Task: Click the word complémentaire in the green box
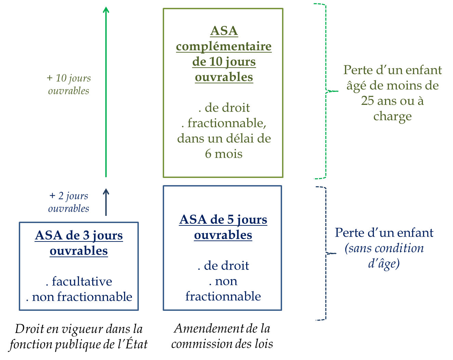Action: tap(224, 46)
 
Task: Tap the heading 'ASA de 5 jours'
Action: tap(223, 220)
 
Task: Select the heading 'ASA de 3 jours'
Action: tap(79, 235)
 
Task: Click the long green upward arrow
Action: tap(106, 92)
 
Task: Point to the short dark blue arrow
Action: tap(106, 202)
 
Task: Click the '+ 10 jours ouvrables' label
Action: tap(69, 84)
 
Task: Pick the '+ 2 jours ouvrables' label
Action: tap(69, 202)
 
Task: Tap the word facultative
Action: tap(82, 281)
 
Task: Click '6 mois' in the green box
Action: tap(224, 154)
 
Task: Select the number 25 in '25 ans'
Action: tap(368, 101)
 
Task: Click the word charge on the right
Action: tap(392, 116)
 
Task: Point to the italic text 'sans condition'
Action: tap(385, 248)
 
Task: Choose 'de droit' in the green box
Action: tap(227, 108)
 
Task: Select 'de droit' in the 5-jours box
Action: tap(226, 266)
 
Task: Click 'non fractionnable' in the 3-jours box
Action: tap(82, 297)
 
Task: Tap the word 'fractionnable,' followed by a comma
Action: tap(227, 123)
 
